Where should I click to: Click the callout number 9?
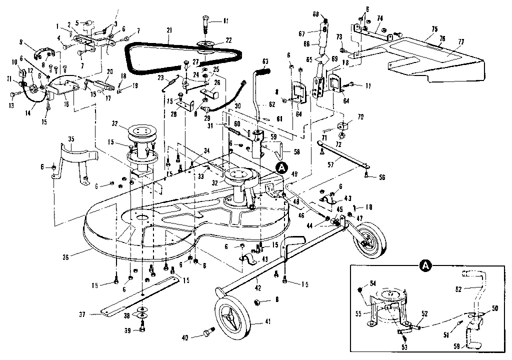pos(34,42)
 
